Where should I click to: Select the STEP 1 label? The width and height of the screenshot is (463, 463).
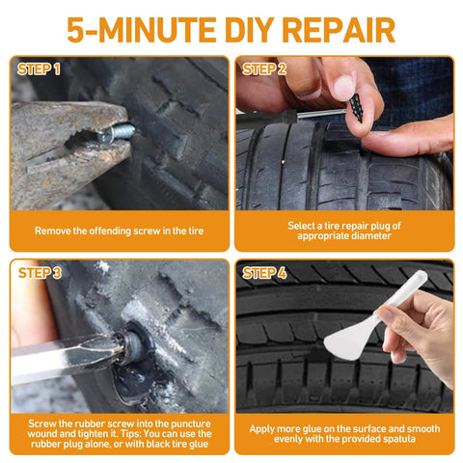(x=39, y=69)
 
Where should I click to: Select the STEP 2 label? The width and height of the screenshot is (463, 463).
(x=264, y=69)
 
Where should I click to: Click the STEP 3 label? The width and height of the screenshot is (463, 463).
(x=39, y=273)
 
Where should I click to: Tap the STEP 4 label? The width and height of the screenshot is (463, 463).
(x=264, y=273)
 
